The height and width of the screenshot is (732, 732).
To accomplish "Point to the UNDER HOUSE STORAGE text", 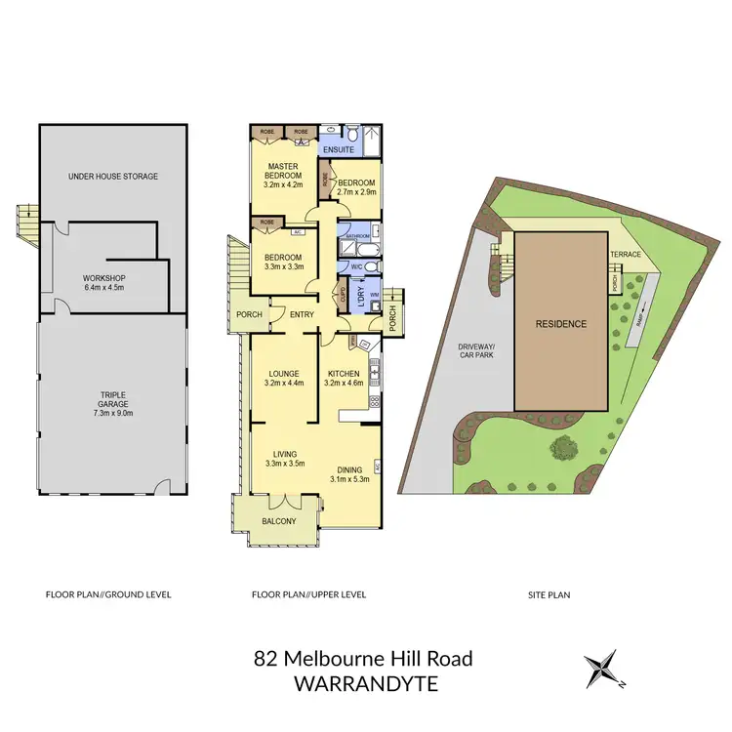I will point(113,177).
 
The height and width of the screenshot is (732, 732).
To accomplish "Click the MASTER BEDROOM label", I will point(283,172).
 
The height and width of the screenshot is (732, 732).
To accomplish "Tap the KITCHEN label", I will point(345,374).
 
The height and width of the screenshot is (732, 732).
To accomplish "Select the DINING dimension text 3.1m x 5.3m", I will point(350,479).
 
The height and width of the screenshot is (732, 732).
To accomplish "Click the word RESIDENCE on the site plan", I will point(560,324).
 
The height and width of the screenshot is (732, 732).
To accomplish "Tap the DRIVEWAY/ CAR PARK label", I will point(479,352).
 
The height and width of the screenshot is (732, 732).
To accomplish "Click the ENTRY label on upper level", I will point(302,313).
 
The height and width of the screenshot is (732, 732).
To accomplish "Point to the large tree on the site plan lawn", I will point(563,450).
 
